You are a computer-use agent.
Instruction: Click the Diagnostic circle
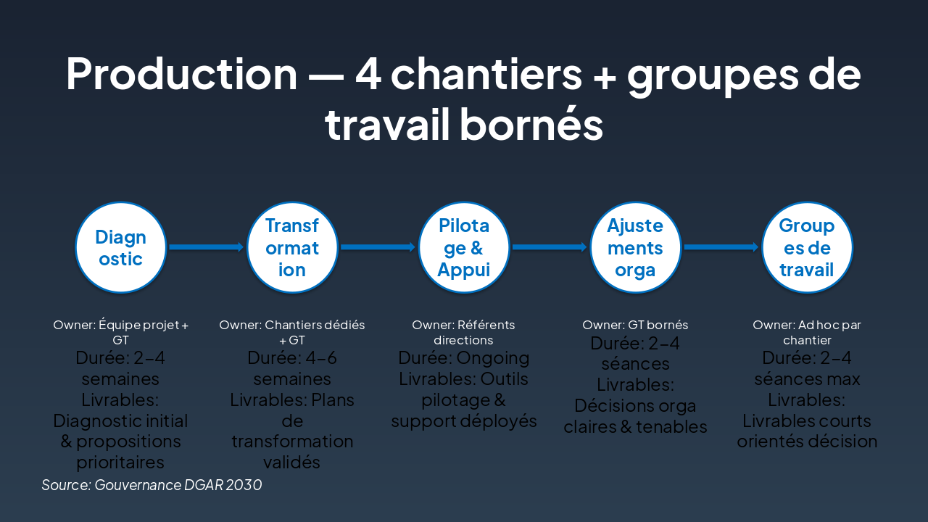click(121, 247)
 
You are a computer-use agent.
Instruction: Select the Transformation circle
click(292, 247)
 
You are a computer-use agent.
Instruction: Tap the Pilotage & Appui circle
click(464, 247)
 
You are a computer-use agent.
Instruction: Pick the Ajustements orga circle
click(635, 247)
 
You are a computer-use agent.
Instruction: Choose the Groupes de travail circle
click(807, 247)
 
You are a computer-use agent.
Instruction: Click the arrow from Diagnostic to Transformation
click(207, 247)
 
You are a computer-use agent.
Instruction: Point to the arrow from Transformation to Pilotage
click(378, 247)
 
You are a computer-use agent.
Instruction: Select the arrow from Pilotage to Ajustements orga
click(550, 247)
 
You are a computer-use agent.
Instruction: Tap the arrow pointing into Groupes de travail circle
click(721, 247)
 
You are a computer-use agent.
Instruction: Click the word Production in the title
click(181, 74)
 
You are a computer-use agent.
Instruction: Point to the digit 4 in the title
click(368, 74)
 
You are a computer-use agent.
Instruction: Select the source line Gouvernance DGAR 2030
click(152, 485)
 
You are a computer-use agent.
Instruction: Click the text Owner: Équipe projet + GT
click(121, 333)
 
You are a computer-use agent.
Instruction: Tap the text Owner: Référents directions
click(464, 333)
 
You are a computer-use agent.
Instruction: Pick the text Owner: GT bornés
click(635, 325)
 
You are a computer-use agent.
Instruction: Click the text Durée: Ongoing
click(464, 358)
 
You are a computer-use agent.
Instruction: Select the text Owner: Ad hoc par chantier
click(807, 333)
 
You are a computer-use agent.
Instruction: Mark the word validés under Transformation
click(292, 463)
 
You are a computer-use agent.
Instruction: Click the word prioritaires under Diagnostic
click(121, 463)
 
